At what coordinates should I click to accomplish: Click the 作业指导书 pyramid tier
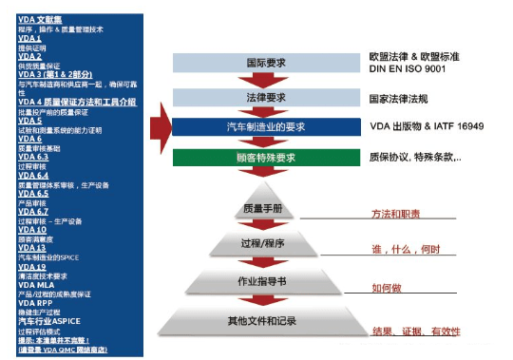265,282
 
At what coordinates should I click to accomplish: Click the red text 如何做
389,285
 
